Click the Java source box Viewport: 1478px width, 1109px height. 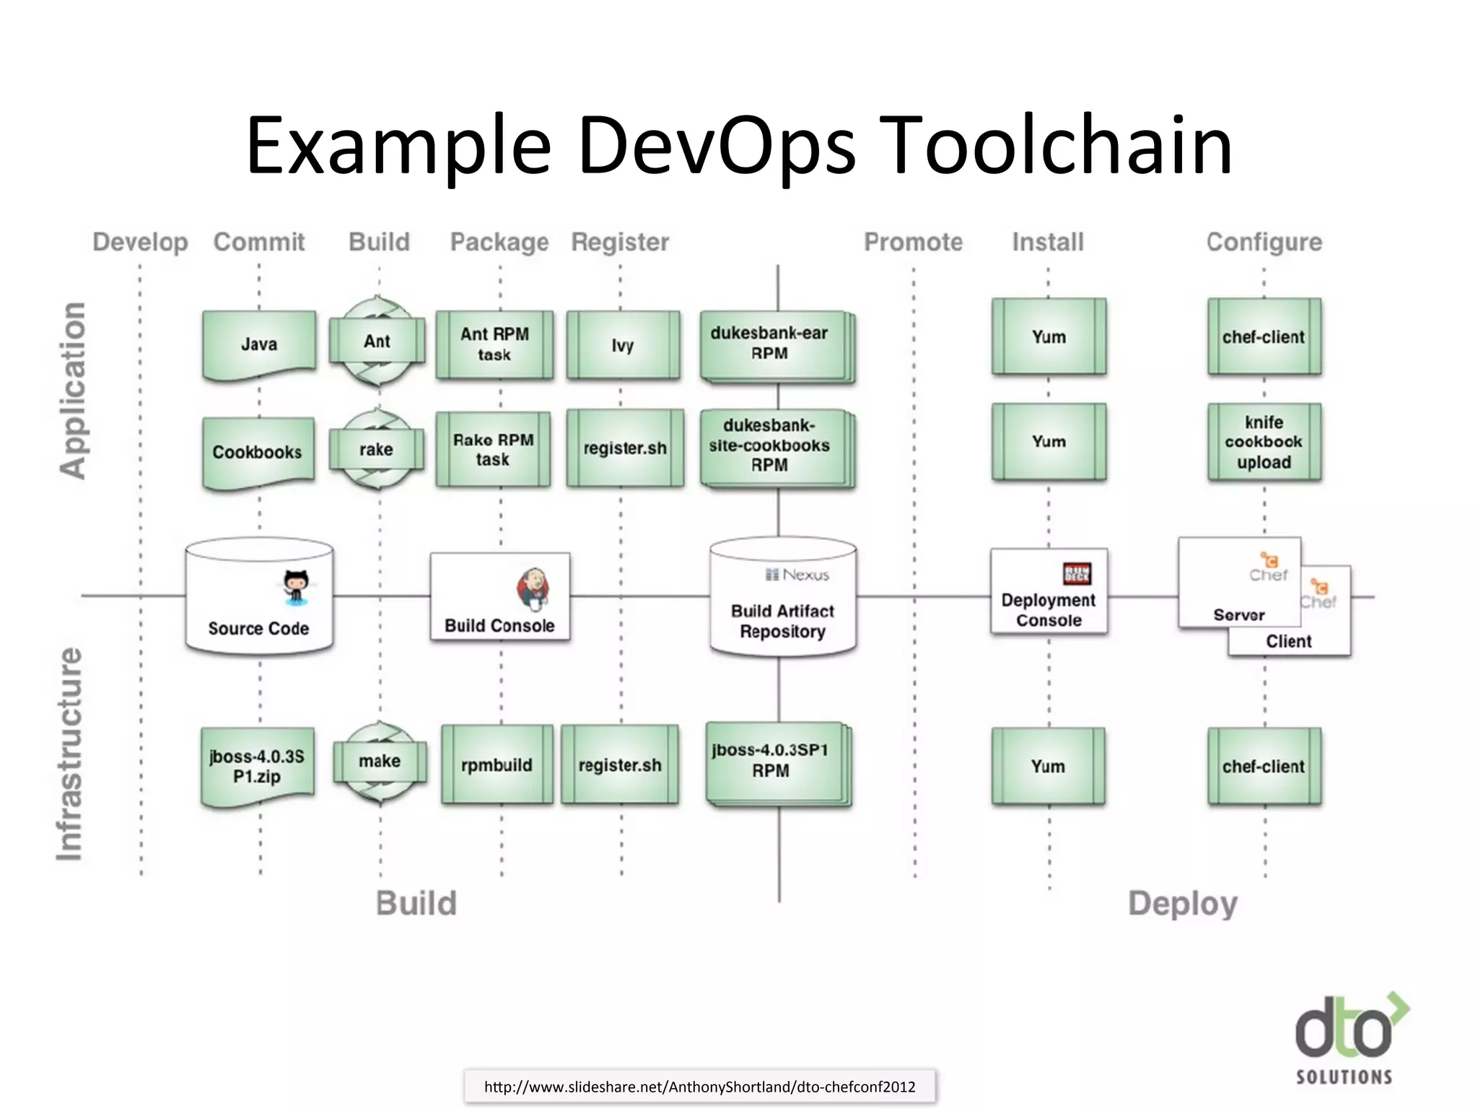tap(259, 344)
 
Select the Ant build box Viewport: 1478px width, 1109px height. tap(377, 342)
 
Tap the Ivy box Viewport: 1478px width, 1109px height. tap(623, 345)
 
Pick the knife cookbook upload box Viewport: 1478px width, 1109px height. tap(1264, 442)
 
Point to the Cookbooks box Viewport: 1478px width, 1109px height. tap(258, 452)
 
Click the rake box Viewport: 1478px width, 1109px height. tap(376, 449)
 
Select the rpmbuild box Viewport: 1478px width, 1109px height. tap(497, 765)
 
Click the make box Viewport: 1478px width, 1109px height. tap(380, 761)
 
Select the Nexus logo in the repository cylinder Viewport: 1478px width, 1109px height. tap(797, 575)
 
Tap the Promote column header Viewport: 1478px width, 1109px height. tap(913, 242)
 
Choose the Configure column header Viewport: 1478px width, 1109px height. tap(1264, 242)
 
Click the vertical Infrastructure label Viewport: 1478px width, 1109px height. tap(70, 754)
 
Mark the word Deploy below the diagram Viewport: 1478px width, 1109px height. tap(1182, 904)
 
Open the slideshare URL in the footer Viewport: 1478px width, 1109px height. tap(699, 1087)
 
